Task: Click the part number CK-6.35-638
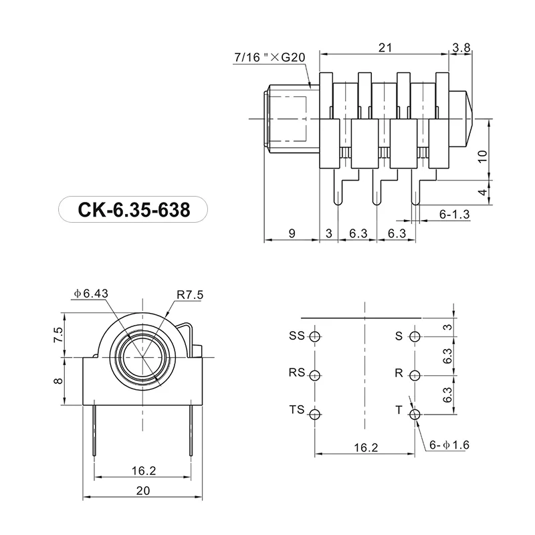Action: tap(134, 210)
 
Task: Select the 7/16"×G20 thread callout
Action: tap(270, 58)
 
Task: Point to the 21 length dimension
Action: tap(384, 47)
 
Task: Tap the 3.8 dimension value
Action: tap(461, 47)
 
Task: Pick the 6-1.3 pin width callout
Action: tap(455, 214)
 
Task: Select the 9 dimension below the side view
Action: tap(292, 233)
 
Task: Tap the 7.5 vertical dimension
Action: tap(58, 334)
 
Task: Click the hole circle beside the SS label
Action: tap(317, 336)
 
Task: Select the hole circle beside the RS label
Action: tap(317, 374)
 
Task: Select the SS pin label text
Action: tap(296, 336)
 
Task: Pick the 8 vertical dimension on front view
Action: tap(58, 380)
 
